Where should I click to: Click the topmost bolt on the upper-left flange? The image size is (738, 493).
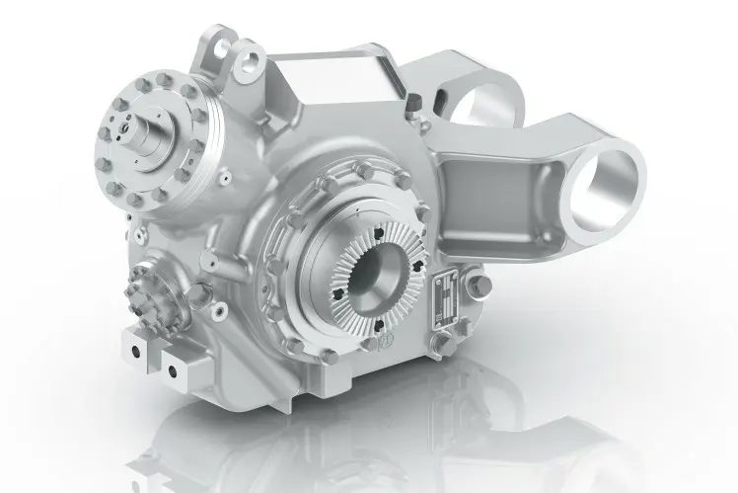click(164, 79)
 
